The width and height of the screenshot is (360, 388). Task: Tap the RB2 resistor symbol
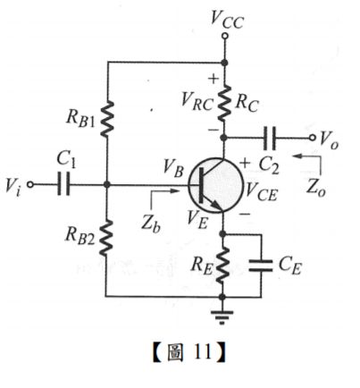[x=105, y=239]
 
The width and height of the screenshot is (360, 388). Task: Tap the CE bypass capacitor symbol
[x=262, y=264]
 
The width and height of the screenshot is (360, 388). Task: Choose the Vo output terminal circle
[x=313, y=138]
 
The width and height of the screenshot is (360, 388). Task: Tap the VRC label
[x=196, y=100]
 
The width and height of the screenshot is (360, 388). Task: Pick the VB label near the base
[x=173, y=164]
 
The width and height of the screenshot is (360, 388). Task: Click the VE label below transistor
[x=197, y=215]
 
